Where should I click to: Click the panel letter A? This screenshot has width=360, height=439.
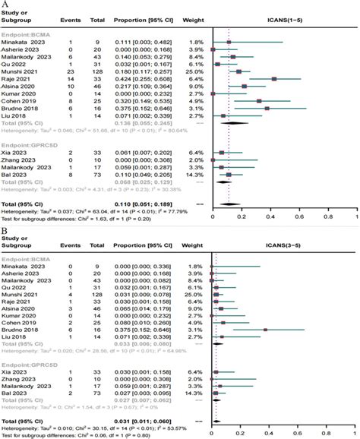tap(5, 5)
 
